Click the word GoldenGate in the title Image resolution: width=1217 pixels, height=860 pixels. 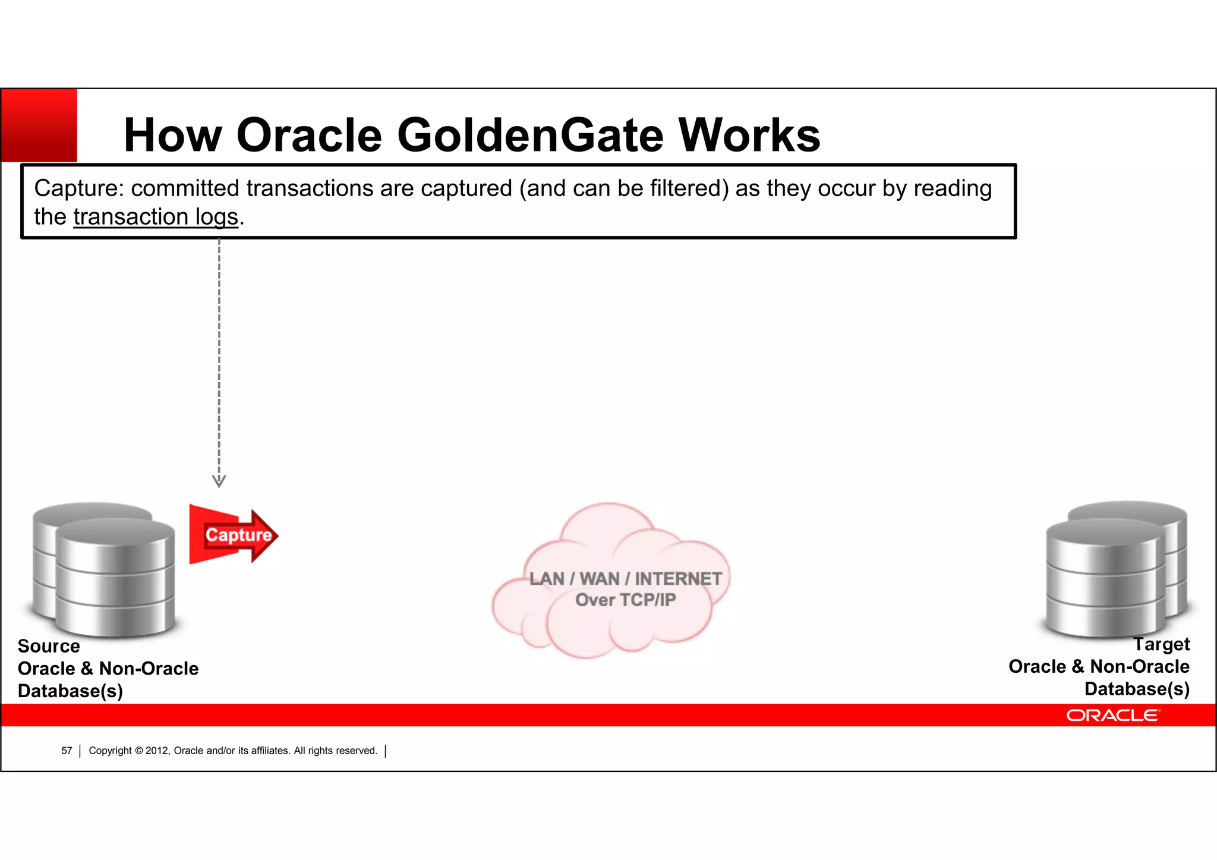click(x=530, y=136)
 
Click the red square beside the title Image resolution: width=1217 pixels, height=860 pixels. click(x=39, y=125)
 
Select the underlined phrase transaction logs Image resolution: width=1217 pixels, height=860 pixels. click(x=156, y=217)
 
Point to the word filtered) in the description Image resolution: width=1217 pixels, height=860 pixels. click(x=689, y=188)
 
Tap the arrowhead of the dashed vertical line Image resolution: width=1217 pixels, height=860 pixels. click(x=219, y=481)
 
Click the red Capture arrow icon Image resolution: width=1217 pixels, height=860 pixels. click(x=234, y=535)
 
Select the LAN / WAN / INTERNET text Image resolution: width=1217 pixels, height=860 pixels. click(x=625, y=578)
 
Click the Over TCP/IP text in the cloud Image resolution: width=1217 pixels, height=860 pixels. click(x=625, y=600)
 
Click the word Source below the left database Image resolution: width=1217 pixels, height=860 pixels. click(x=49, y=646)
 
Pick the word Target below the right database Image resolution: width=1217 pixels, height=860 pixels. click(x=1161, y=644)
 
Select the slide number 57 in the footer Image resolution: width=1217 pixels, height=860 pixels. click(x=67, y=751)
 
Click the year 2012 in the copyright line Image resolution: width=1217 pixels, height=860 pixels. click(x=157, y=751)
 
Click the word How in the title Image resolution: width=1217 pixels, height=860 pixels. click(x=172, y=136)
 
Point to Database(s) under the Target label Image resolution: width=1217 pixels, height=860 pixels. click(x=1136, y=689)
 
